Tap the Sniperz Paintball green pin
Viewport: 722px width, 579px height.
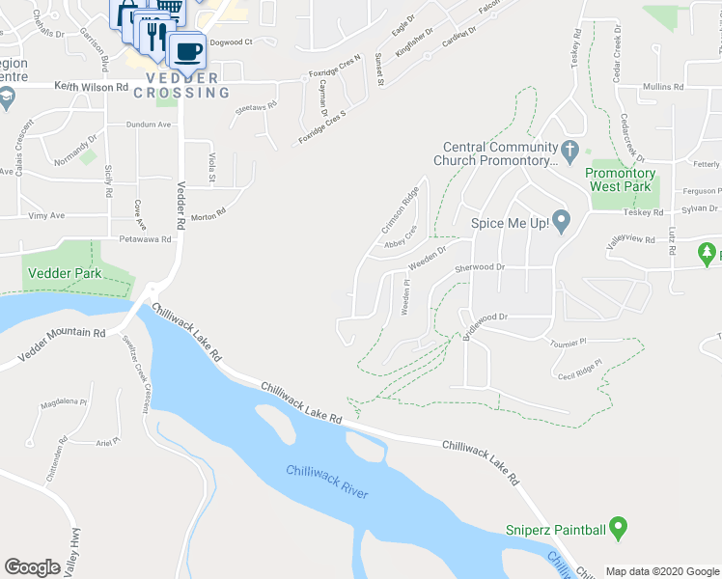coord(620,528)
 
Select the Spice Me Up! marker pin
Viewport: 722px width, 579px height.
coord(562,222)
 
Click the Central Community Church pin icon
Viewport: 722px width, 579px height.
coord(569,152)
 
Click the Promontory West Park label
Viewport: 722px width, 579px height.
coord(621,180)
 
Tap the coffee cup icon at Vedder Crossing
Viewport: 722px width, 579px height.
coord(186,49)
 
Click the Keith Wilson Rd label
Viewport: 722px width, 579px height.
coord(92,87)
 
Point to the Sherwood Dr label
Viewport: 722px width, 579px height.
coord(480,266)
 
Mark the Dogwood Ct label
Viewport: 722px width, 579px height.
coord(230,42)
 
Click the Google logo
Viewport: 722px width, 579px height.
coord(33,566)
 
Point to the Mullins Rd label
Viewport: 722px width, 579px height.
coord(664,87)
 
